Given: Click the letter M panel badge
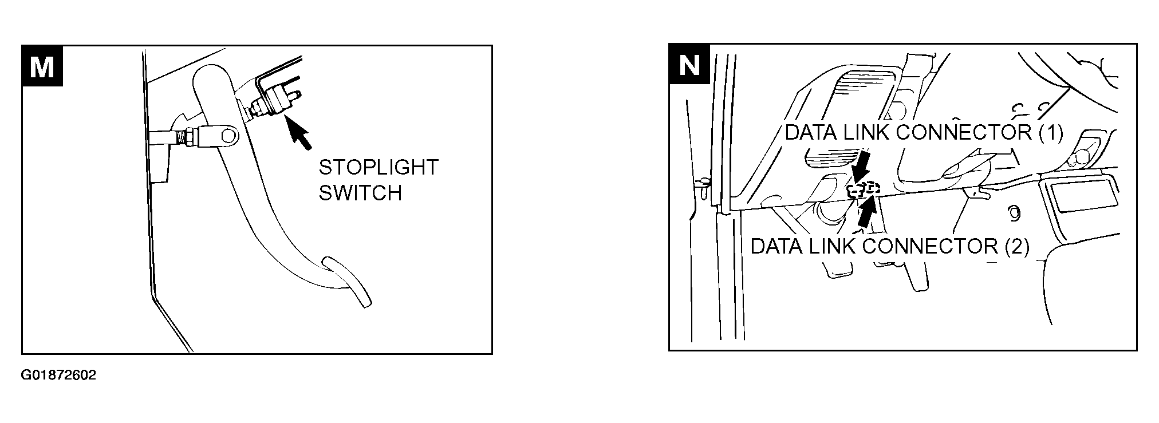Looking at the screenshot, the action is [x=42, y=66].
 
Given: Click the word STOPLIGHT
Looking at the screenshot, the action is [x=379, y=167].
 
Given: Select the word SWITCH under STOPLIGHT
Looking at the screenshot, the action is [x=360, y=193].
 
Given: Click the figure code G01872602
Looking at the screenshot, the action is [x=59, y=375].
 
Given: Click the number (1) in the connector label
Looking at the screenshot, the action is [x=1050, y=132].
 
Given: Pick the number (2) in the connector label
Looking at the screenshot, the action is [x=1017, y=246].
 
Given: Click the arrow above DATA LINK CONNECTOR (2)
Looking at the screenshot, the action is [x=867, y=212].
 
